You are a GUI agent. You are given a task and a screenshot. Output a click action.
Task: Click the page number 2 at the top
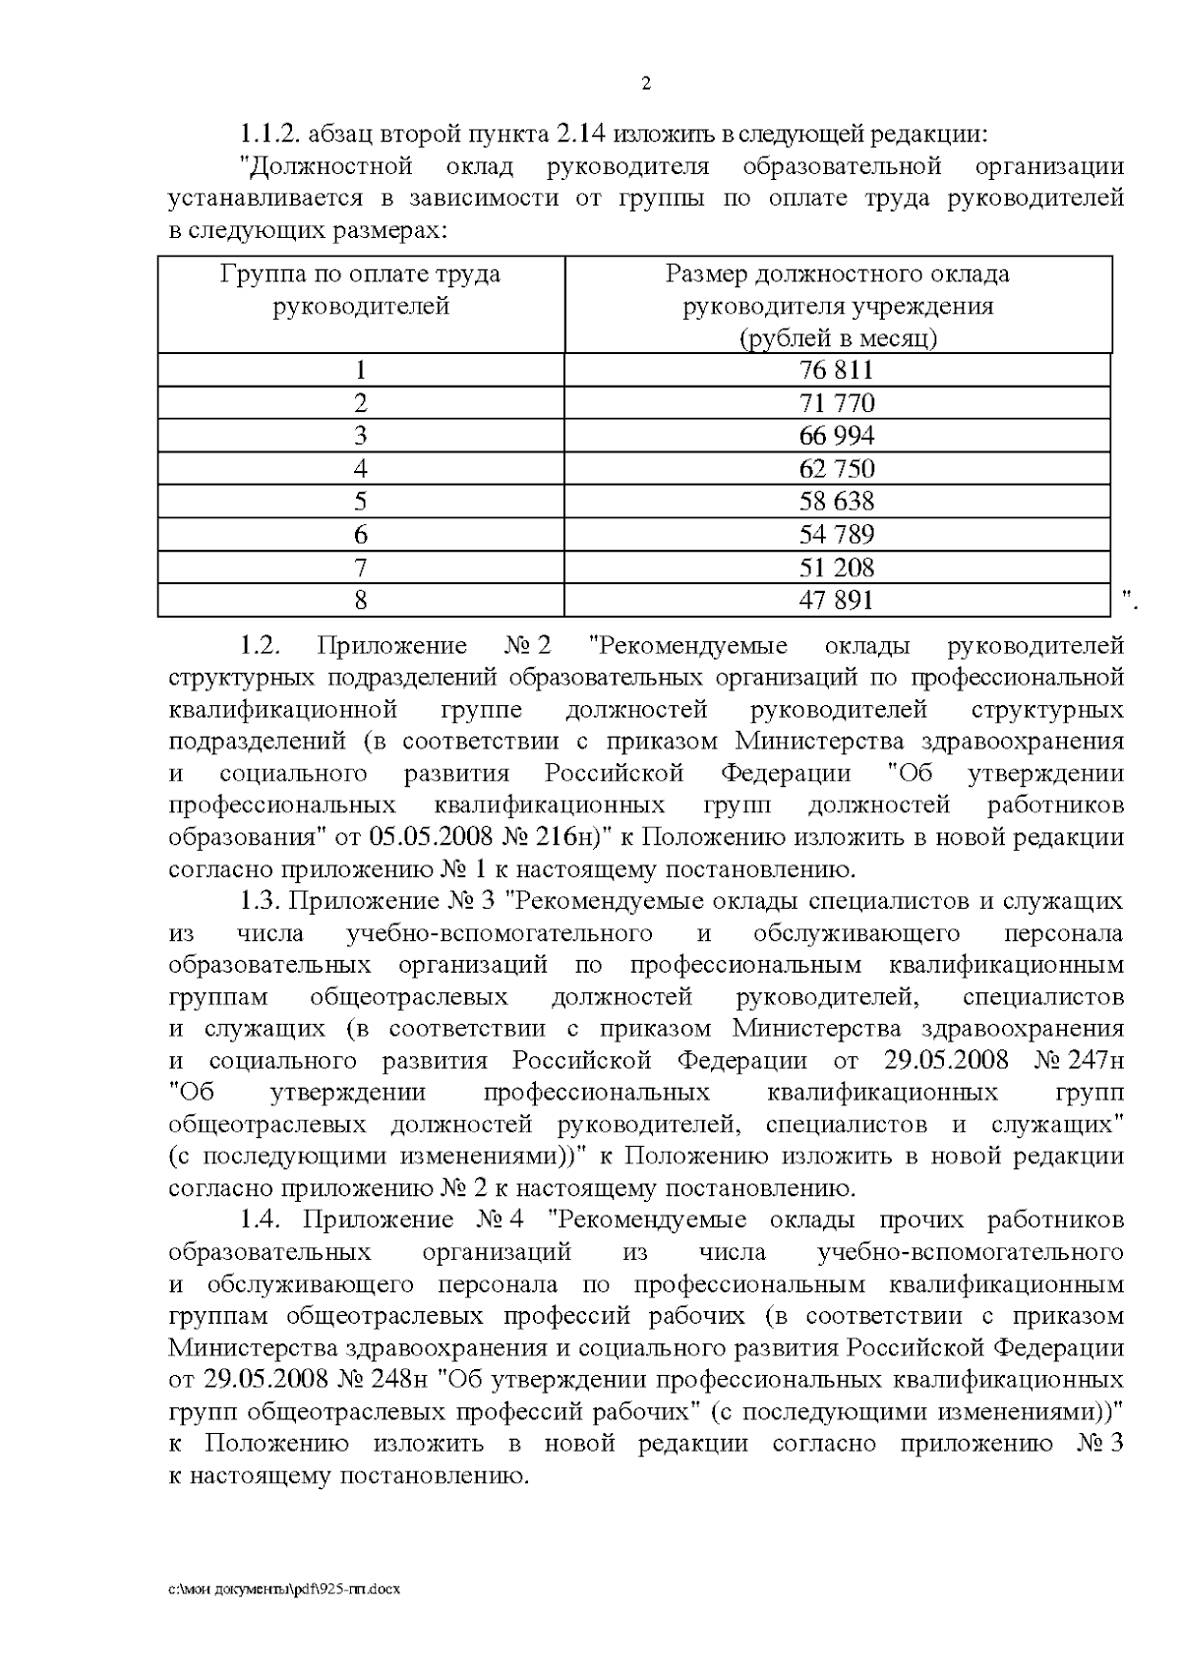pyautogui.click(x=645, y=84)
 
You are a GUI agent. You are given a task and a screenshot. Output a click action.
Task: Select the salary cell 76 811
pyautogui.click(x=837, y=370)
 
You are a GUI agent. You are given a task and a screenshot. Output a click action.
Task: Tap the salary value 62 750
pyautogui.click(x=837, y=468)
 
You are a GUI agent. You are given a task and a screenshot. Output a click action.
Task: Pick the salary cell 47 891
pyautogui.click(x=837, y=599)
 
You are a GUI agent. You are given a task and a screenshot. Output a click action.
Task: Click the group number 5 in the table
pyautogui.click(x=361, y=502)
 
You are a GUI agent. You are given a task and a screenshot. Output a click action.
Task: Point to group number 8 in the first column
pyautogui.click(x=361, y=599)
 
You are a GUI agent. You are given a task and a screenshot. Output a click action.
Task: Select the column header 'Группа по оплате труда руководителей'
pyautogui.click(x=361, y=289)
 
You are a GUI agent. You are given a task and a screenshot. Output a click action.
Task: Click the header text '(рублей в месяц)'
pyautogui.click(x=838, y=338)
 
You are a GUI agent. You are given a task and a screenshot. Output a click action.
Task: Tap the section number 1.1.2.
pyautogui.click(x=267, y=133)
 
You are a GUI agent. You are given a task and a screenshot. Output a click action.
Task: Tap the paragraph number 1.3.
pyautogui.click(x=262, y=901)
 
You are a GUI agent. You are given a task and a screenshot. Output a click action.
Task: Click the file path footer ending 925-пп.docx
pyautogui.click(x=284, y=1589)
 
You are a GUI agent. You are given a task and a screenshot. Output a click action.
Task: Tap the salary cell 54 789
pyautogui.click(x=837, y=534)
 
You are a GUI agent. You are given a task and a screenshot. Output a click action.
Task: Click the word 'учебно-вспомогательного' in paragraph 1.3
pyautogui.click(x=501, y=932)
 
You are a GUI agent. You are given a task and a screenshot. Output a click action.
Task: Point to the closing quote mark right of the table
pyautogui.click(x=1129, y=598)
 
